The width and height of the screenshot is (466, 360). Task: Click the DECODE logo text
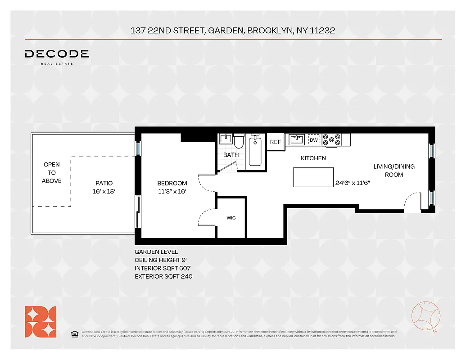coord(57,54)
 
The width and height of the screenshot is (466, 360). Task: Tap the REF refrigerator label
coord(275,142)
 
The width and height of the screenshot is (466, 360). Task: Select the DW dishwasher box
coord(314,140)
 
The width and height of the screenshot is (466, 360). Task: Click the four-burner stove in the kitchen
coord(332,140)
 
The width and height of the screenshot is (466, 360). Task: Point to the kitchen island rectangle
coord(313,177)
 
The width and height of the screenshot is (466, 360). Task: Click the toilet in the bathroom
coord(239,141)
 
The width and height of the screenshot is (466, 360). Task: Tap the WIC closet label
coord(231,218)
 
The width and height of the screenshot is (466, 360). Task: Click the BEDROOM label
coord(172,183)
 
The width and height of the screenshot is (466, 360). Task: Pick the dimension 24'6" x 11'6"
coord(353,183)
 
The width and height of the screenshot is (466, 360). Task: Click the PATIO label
coord(104,183)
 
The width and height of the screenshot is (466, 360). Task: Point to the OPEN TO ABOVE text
coord(51,173)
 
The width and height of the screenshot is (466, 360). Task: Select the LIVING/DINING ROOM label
coord(394,171)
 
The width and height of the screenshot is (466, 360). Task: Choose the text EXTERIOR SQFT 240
coord(163,276)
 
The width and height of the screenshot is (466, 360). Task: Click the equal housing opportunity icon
coord(74,333)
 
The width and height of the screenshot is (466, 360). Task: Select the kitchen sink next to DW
coord(297,140)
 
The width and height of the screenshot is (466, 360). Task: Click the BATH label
coord(231,155)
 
